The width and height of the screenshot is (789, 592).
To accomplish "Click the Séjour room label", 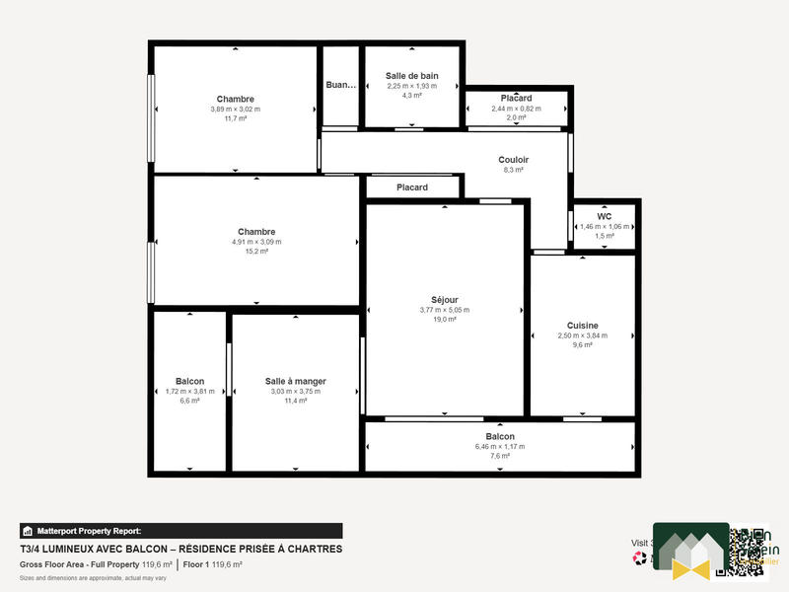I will click(x=444, y=300).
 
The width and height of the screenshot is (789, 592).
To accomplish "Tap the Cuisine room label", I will click(x=582, y=326).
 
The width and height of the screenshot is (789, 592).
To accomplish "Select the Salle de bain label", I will click(x=411, y=76).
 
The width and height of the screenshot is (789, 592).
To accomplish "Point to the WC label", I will click(x=605, y=216).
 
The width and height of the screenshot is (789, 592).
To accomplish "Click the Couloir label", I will click(x=513, y=159).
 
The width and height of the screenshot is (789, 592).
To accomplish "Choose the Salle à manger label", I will click(x=295, y=381).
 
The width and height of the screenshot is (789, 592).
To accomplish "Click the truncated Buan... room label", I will click(x=340, y=86).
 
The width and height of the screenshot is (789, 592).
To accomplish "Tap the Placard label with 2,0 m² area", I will click(x=516, y=99).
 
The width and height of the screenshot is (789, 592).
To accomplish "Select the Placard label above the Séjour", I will click(x=412, y=187).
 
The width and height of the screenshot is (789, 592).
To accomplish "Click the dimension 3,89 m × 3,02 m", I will click(x=235, y=109).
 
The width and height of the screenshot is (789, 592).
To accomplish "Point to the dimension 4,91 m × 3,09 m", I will click(x=255, y=242).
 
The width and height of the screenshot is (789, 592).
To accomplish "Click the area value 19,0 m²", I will click(x=444, y=320).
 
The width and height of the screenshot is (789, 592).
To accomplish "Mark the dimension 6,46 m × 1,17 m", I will click(x=499, y=446).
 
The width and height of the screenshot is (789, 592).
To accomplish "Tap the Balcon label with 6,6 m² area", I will click(x=189, y=381).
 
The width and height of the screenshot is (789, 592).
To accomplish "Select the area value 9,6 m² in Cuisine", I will click(x=582, y=345).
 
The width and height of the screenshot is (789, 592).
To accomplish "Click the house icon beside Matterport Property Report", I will click(x=28, y=530).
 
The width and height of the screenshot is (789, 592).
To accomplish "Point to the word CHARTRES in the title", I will click(x=313, y=549).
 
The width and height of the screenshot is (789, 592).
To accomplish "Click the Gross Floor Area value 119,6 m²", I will click(x=155, y=565).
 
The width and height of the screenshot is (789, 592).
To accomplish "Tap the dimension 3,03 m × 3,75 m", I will click(x=295, y=392).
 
